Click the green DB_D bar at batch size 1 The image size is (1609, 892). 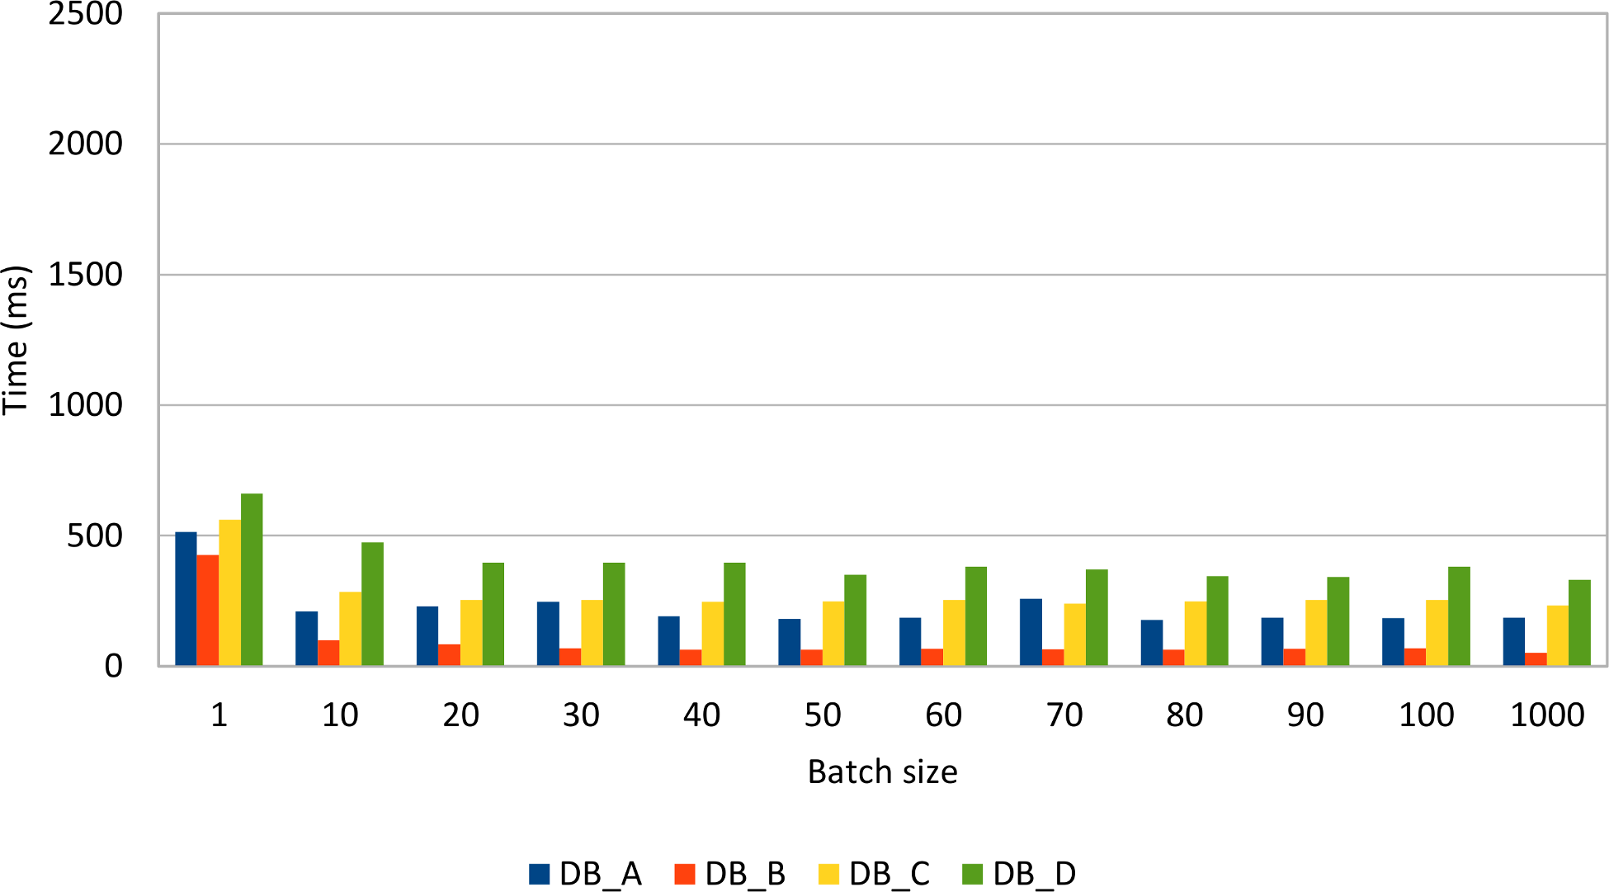pyautogui.click(x=252, y=580)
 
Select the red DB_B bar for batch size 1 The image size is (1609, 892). pyautogui.click(x=208, y=611)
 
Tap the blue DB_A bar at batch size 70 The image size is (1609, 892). pyautogui.click(x=1031, y=632)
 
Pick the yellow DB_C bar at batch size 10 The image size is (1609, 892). pyautogui.click(x=350, y=629)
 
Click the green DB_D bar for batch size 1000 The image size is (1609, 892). pyautogui.click(x=1579, y=623)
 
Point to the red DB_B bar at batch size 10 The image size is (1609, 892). pyautogui.click(x=328, y=653)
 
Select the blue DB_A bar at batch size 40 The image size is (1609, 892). pyautogui.click(x=668, y=641)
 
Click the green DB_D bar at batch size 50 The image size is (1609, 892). pyautogui.click(x=855, y=621)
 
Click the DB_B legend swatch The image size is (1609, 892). pyautogui.click(x=685, y=874)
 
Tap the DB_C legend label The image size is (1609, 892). pyautogui.click(x=889, y=874)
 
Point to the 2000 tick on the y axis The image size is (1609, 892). pyautogui.click(x=85, y=144)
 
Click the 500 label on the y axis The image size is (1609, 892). pyautogui.click(x=94, y=536)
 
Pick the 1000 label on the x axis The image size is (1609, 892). pyautogui.click(x=1546, y=715)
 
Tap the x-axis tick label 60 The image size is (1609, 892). pyautogui.click(x=943, y=715)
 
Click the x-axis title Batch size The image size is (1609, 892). pyautogui.click(x=882, y=772)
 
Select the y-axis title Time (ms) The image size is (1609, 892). pyautogui.click(x=17, y=340)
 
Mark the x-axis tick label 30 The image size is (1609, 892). pyautogui.click(x=581, y=715)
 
